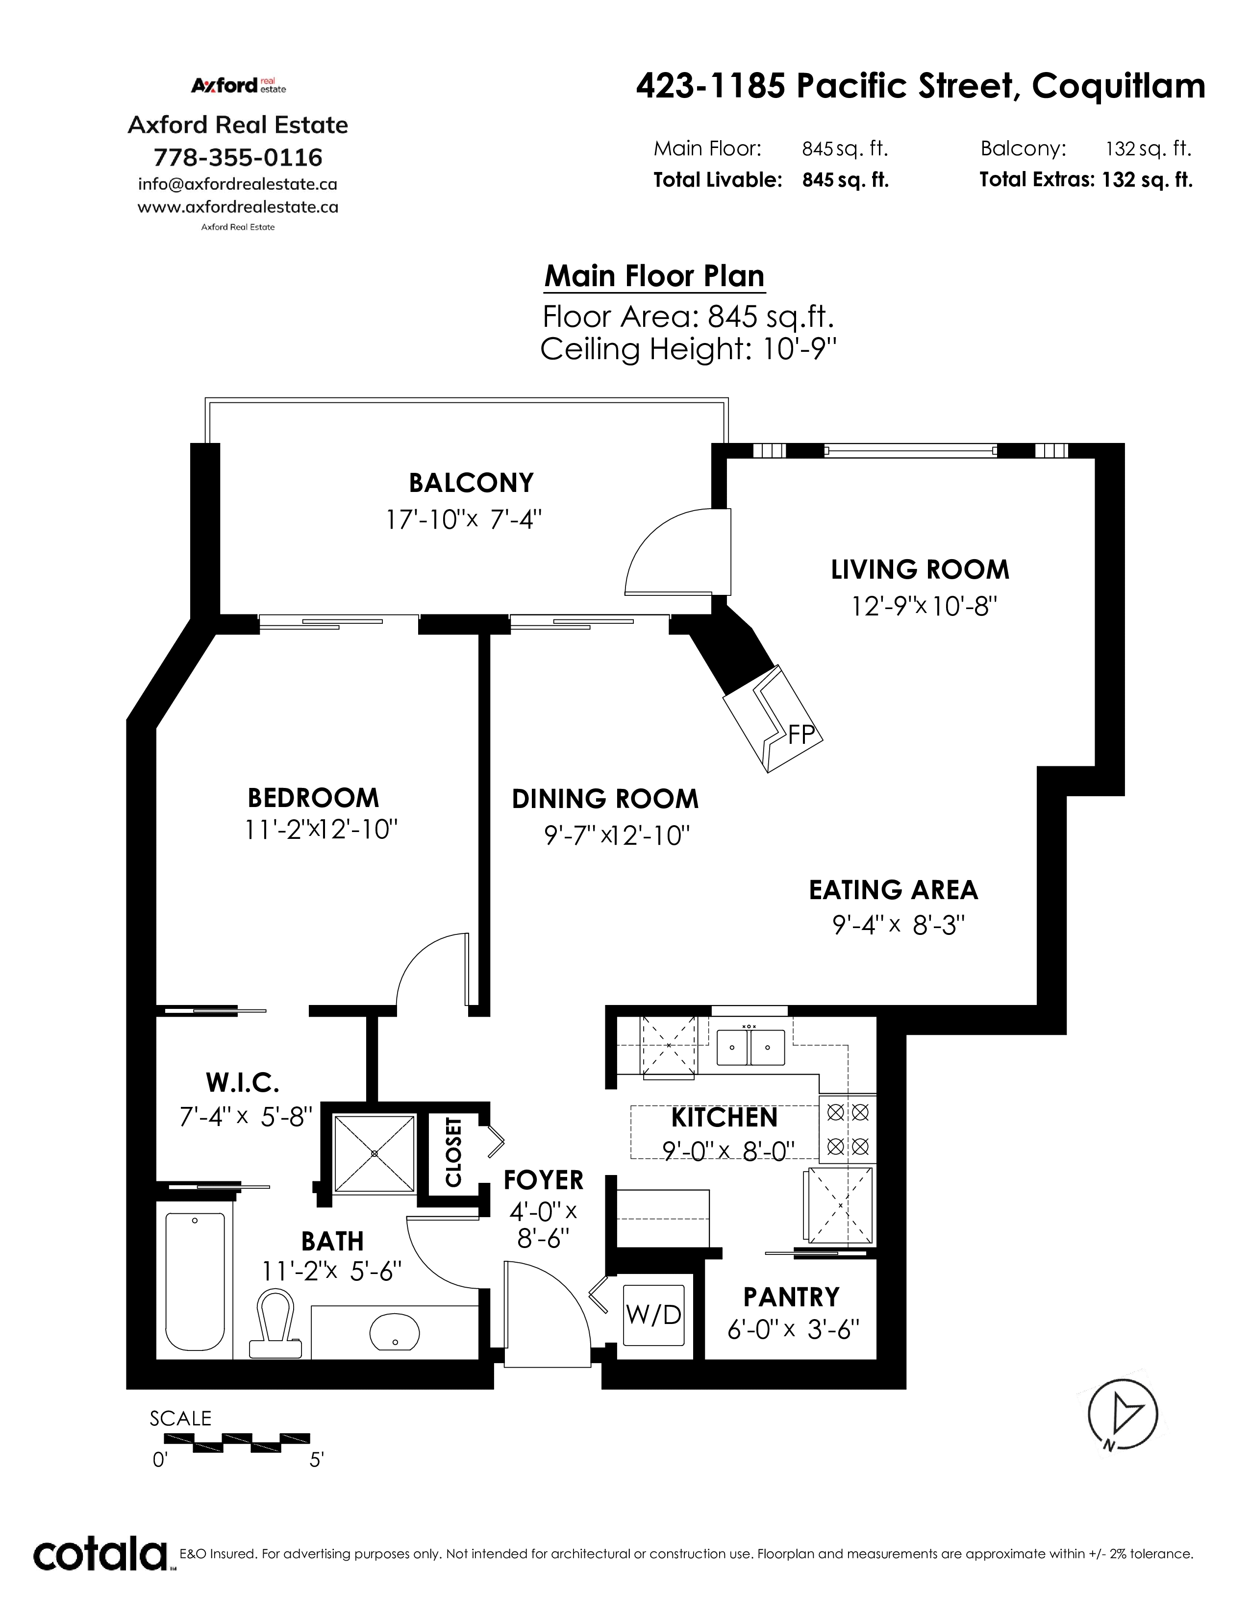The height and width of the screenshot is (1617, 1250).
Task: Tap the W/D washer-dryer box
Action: point(653,1314)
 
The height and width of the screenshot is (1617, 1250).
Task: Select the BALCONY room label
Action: point(471,483)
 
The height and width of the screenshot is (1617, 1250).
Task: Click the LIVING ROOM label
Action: point(920,569)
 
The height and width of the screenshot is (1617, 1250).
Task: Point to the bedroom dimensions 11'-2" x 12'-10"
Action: point(322,829)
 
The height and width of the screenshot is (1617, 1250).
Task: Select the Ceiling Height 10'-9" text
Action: point(688,349)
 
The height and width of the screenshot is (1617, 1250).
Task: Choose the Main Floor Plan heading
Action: point(654,276)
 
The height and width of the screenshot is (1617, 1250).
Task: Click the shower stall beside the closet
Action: point(374,1153)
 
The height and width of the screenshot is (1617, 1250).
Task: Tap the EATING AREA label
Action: point(893,889)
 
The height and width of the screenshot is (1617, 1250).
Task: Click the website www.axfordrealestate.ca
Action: point(238,207)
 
